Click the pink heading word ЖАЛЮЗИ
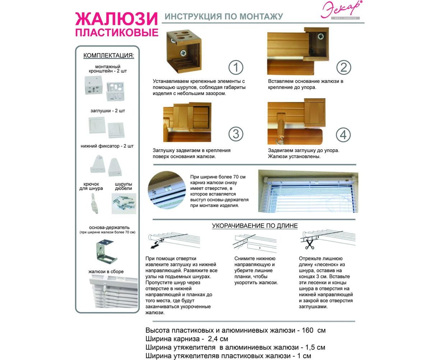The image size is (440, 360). (117, 19)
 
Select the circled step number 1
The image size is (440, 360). (236, 67)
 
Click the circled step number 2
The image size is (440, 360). (344, 67)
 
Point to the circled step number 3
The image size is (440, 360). (236, 134)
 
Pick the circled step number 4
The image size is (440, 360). (343, 135)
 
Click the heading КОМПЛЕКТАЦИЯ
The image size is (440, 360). (109, 55)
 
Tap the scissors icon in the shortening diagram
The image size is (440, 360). (309, 245)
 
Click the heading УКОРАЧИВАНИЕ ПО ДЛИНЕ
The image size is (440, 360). (255, 226)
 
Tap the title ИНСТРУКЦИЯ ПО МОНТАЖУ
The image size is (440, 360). (223, 16)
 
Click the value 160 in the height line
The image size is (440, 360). (307, 330)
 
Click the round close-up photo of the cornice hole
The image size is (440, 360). (166, 190)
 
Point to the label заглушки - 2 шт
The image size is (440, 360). (108, 111)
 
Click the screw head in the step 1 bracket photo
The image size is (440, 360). (183, 52)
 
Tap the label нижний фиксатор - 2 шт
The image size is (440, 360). (107, 146)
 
